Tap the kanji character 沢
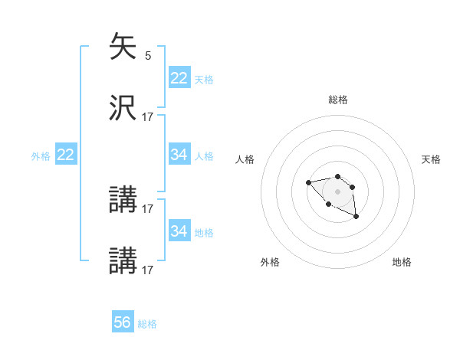123,108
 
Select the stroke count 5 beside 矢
148,55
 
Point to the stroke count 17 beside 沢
148,116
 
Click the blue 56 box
123,322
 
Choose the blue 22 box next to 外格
66,155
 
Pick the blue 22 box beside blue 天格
179,78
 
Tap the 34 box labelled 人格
179,155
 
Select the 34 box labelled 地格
179,231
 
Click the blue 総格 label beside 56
147,324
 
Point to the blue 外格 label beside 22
41,156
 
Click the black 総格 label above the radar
338,100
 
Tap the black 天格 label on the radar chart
431,159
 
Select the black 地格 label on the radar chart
402,262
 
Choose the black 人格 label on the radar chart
245,159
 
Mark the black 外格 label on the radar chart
270,262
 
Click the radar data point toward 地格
356,218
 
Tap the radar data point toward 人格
308,182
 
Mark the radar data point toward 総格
337,175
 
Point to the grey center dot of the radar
337,191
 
